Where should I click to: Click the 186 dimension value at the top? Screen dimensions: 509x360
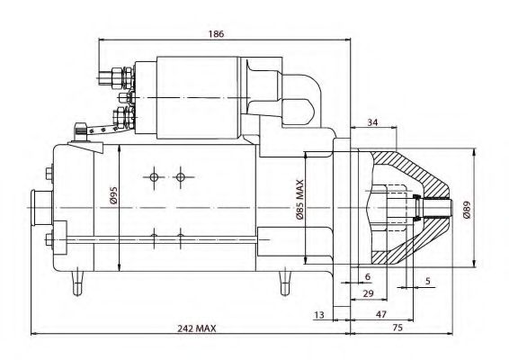click(x=217, y=34)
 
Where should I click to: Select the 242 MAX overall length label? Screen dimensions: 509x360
click(x=196, y=328)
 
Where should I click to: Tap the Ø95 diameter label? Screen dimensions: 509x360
click(x=113, y=195)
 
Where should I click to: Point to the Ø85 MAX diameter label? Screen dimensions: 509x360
click(x=299, y=200)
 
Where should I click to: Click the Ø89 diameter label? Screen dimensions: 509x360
click(x=467, y=210)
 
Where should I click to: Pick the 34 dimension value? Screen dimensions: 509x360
click(x=372, y=122)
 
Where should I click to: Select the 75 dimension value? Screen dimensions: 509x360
click(x=397, y=328)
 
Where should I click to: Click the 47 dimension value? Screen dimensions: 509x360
click(x=381, y=314)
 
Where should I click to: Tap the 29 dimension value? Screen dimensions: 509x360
click(x=368, y=293)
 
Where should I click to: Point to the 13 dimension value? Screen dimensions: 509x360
click(x=319, y=314)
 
